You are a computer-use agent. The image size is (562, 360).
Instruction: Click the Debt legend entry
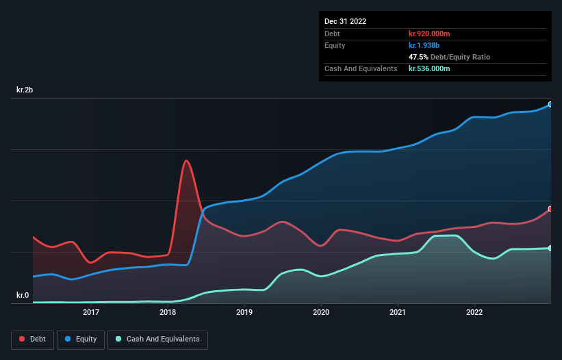pos(31,339)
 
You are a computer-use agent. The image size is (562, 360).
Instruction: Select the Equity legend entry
pos(80,339)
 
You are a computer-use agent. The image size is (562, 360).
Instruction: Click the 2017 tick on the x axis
pos(91,313)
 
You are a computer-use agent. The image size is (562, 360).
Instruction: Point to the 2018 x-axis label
pos(168,313)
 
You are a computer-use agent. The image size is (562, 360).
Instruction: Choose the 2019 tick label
pos(244,313)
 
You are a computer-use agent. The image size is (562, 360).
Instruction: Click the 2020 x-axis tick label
pos(320,313)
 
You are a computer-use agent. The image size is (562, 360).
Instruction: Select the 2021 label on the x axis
pos(397,313)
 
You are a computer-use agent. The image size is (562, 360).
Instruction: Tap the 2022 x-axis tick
pos(474,313)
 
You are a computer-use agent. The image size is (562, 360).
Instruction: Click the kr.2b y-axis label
pos(27,90)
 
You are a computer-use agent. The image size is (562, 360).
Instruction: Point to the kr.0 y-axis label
pos(23,296)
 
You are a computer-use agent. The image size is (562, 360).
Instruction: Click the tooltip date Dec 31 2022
pos(345,21)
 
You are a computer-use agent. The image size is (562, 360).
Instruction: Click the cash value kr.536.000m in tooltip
pos(429,68)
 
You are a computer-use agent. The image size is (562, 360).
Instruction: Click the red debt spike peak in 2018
pos(186,161)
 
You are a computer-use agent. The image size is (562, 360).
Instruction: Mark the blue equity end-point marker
pos(550,105)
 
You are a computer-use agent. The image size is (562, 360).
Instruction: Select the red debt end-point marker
pos(550,209)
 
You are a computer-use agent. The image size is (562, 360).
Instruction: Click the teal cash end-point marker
pos(550,248)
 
